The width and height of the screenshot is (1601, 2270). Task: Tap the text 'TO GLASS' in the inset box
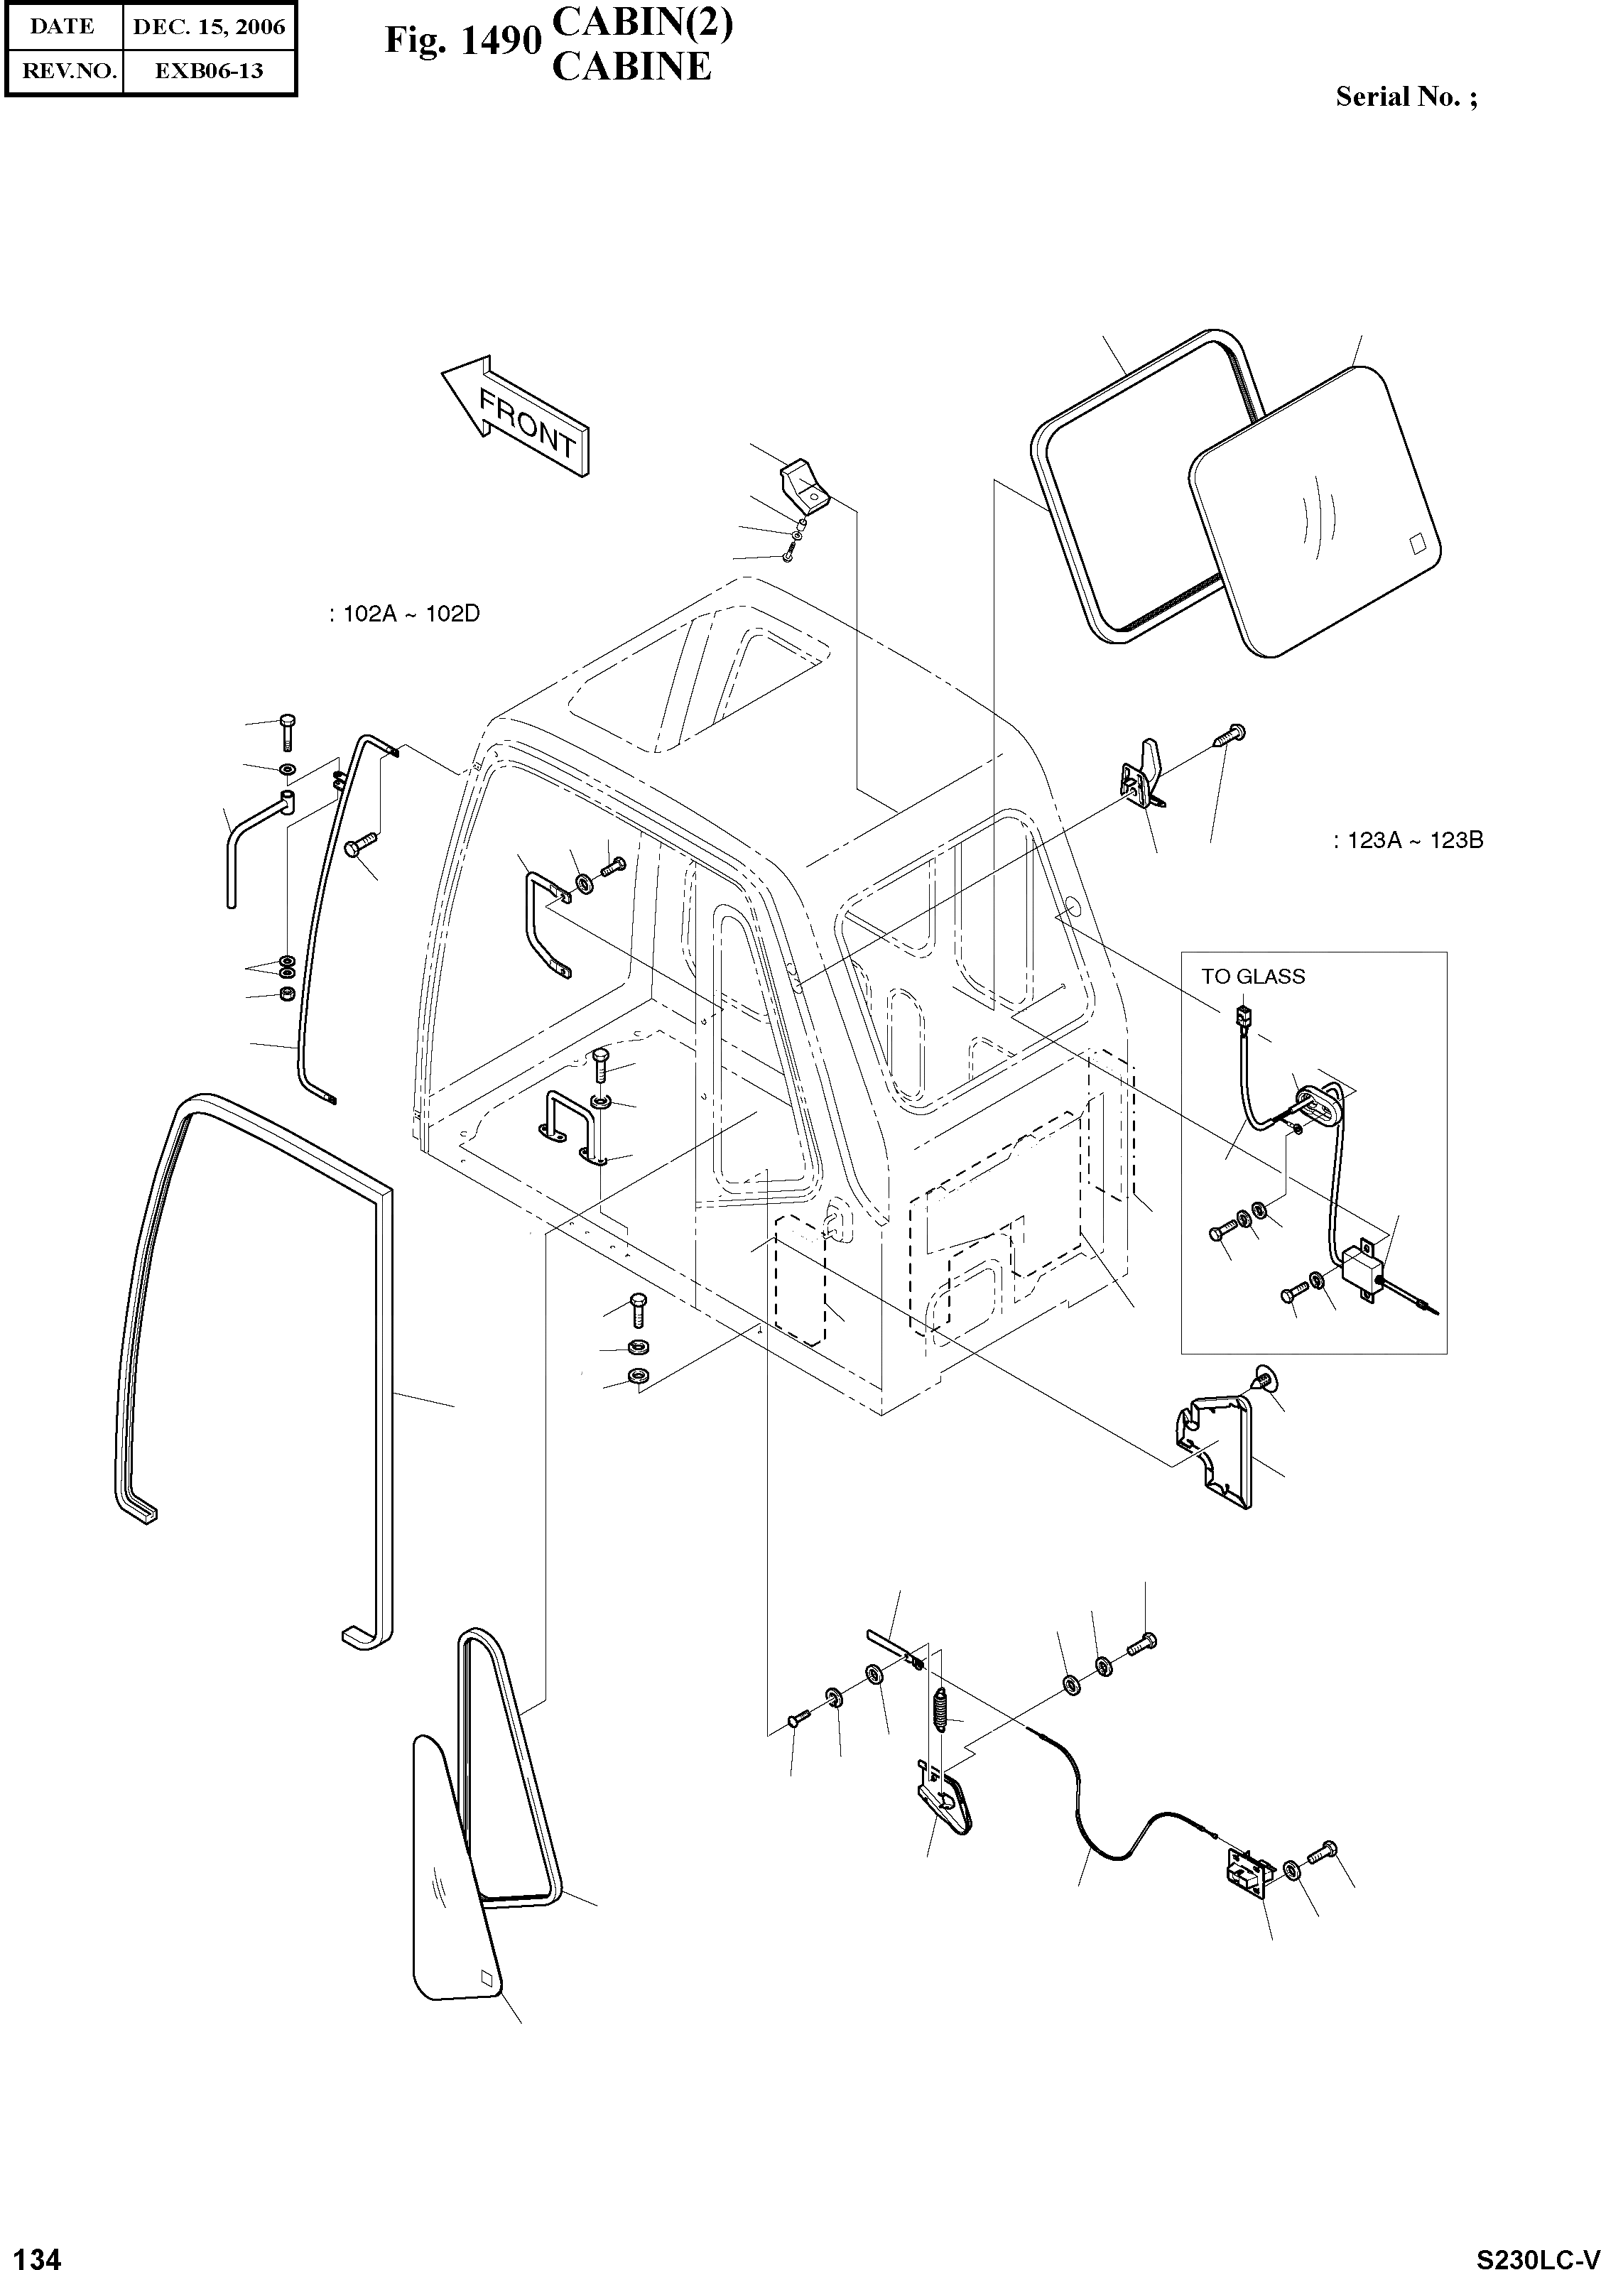(x=1252, y=977)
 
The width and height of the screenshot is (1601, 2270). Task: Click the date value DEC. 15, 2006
(x=209, y=27)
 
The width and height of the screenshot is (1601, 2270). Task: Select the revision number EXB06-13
(x=209, y=71)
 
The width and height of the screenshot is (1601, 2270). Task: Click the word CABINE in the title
(x=631, y=66)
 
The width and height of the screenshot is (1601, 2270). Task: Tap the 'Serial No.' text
(x=1405, y=97)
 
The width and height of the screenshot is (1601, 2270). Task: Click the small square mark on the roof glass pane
(x=1415, y=543)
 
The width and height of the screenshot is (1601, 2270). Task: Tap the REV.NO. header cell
(x=63, y=71)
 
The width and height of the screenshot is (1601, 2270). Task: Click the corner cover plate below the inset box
(x=1215, y=1448)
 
